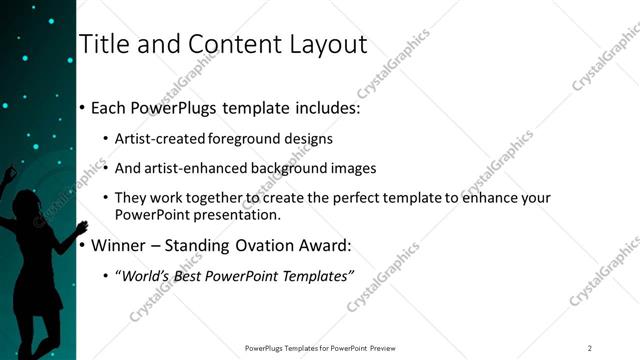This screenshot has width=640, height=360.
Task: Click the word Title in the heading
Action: [x=102, y=44]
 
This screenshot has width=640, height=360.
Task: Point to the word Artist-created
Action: [x=160, y=139]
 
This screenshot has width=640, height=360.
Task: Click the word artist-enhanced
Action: [x=191, y=168]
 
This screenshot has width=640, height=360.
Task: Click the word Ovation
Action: [x=272, y=245]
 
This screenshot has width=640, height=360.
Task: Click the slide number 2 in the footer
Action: [x=590, y=348]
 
